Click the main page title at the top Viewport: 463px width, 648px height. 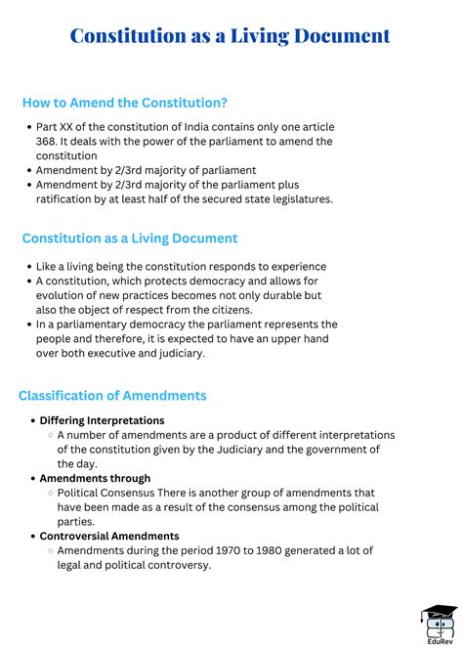[231, 36]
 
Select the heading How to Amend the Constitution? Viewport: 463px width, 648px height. [124, 103]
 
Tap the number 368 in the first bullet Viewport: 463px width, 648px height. [49, 142]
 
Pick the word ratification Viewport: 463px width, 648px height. [69, 199]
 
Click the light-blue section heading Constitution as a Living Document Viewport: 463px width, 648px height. [129, 238]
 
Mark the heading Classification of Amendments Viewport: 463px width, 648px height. [112, 396]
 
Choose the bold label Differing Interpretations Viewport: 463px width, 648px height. [102, 420]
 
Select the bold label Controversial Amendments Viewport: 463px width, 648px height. [108, 537]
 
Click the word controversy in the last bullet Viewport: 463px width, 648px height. [176, 565]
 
